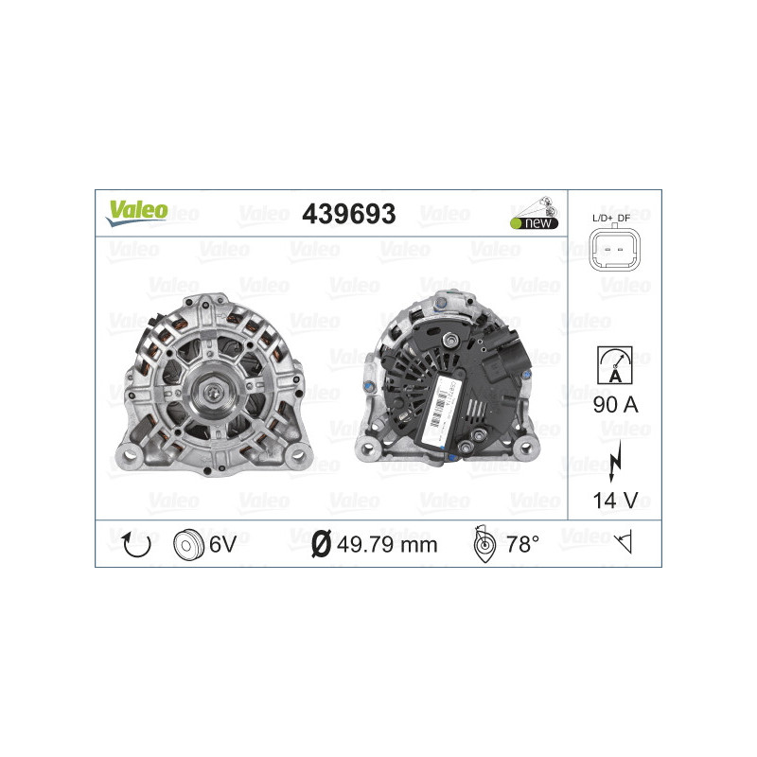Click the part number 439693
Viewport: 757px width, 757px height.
(x=348, y=214)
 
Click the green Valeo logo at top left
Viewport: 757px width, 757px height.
(x=136, y=211)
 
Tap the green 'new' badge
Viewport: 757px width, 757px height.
(x=533, y=222)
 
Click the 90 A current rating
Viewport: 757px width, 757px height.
(x=615, y=405)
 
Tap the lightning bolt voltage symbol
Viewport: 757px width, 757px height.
(x=615, y=457)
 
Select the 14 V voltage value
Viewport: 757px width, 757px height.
(x=615, y=502)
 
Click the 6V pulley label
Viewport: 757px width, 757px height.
(x=224, y=544)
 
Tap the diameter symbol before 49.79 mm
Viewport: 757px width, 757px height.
(x=321, y=544)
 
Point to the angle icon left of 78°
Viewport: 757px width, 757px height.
(x=484, y=544)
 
